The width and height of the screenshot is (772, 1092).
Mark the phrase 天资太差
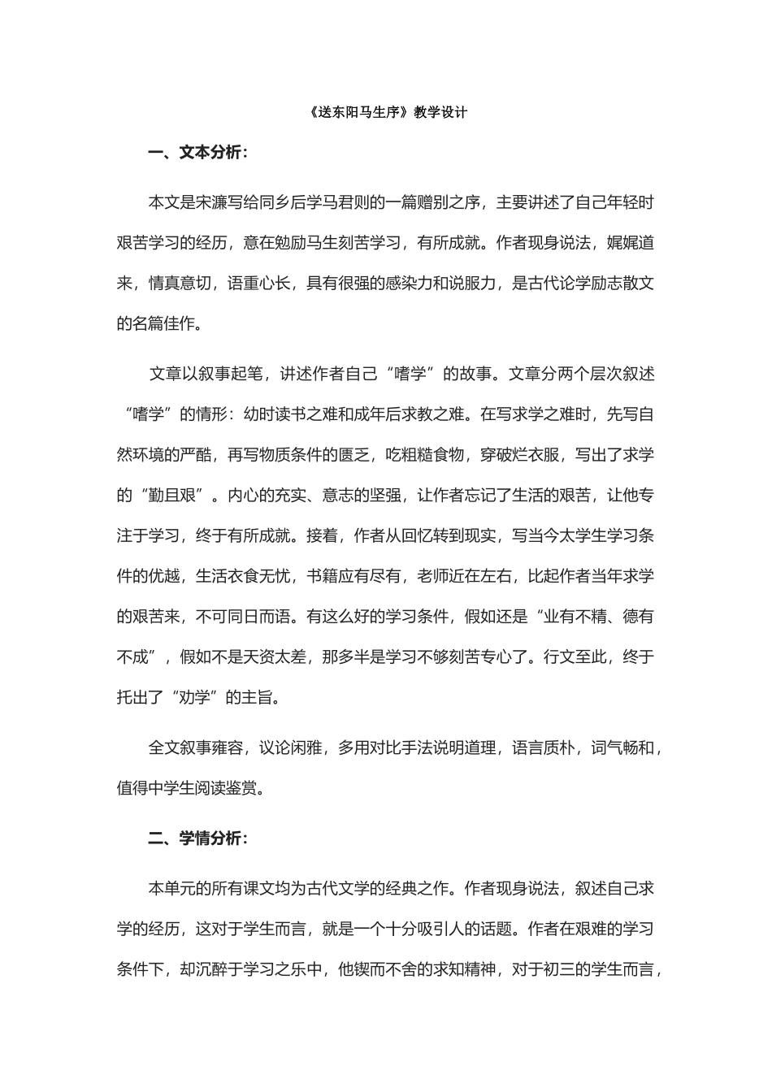point(274,656)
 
